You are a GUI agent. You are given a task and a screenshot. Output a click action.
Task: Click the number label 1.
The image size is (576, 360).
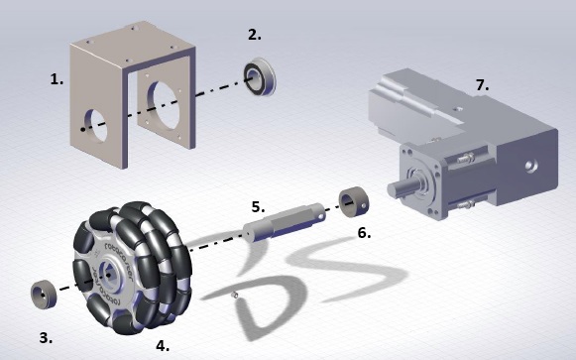pos(57,79)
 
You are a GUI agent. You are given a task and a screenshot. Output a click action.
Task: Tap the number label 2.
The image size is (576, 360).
pos(255,35)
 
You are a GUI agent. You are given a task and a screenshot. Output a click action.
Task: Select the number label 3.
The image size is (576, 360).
pos(46,337)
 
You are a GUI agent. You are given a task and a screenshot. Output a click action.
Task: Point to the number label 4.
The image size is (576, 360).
pos(163,346)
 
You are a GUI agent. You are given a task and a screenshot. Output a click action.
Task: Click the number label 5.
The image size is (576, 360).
pos(258,207)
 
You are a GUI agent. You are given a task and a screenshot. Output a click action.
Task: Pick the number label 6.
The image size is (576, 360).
pos(364,233)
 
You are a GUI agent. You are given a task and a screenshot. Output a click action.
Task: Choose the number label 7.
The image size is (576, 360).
pos(483,85)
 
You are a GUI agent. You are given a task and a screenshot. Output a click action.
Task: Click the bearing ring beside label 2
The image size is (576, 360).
pos(260,76)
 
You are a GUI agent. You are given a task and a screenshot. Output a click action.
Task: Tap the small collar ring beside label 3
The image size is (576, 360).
pos(44,295)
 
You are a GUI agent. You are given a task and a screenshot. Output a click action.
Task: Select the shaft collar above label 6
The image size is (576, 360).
pos(353,202)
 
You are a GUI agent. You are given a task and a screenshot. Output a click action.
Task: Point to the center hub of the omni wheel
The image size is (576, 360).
pos(108,275)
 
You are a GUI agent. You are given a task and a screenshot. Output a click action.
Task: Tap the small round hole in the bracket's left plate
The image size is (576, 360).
pos(96,126)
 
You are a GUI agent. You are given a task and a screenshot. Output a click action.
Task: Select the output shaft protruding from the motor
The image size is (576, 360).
pos(402,187)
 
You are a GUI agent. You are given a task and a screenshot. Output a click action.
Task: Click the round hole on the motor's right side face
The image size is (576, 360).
pos(531,167)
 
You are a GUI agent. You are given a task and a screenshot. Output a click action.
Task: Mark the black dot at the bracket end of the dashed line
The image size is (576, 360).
pos(83,129)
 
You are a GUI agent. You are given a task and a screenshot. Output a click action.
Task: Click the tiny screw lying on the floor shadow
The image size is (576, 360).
pos(234,295)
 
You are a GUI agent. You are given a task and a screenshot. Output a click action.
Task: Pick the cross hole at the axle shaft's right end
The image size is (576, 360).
pos(321,217)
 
